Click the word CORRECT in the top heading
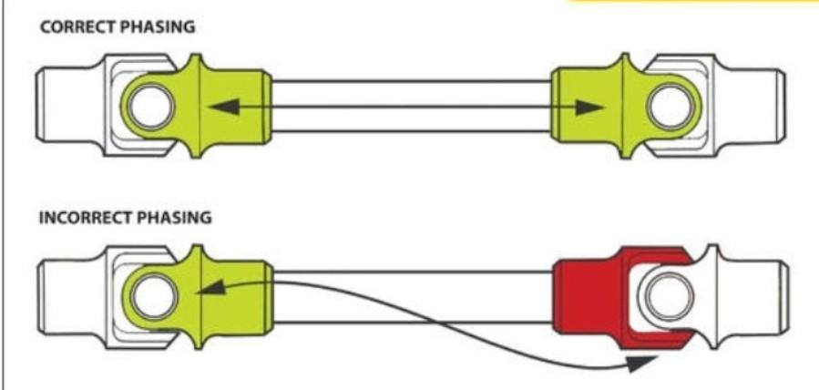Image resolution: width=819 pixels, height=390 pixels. (x=77, y=27)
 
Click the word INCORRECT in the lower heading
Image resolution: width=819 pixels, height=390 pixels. (x=87, y=218)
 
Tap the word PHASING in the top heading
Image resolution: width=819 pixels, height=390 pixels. (x=158, y=27)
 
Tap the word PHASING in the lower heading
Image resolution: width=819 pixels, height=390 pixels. (x=175, y=218)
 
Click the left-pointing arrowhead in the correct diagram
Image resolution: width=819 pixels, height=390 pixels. (x=224, y=107)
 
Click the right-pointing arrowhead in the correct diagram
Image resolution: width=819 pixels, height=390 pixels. (x=589, y=108)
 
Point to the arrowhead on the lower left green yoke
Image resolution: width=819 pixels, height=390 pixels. (x=211, y=288)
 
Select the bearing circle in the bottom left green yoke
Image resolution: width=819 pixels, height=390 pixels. (x=153, y=296)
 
